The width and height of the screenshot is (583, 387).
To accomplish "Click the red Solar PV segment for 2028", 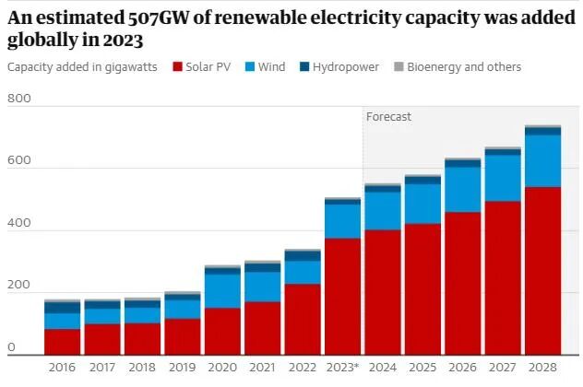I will (542, 271).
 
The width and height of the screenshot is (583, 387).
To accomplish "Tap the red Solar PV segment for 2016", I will (62, 342).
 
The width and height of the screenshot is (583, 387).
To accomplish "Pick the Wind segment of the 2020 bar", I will (222, 290).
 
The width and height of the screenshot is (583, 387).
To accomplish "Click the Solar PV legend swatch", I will (176, 67).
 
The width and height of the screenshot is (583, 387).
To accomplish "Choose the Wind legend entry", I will (264, 67).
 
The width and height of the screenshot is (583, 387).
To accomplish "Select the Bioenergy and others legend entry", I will (458, 67).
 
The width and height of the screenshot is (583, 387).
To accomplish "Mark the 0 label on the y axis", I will (11, 347).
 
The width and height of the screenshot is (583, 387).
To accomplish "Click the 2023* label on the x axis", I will (342, 368).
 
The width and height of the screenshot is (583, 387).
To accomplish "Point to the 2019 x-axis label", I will (182, 368).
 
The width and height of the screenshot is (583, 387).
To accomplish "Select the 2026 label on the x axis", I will (462, 368).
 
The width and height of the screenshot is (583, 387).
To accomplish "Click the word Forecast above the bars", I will (388, 117).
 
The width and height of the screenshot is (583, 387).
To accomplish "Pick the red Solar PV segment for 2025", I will (422, 289).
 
